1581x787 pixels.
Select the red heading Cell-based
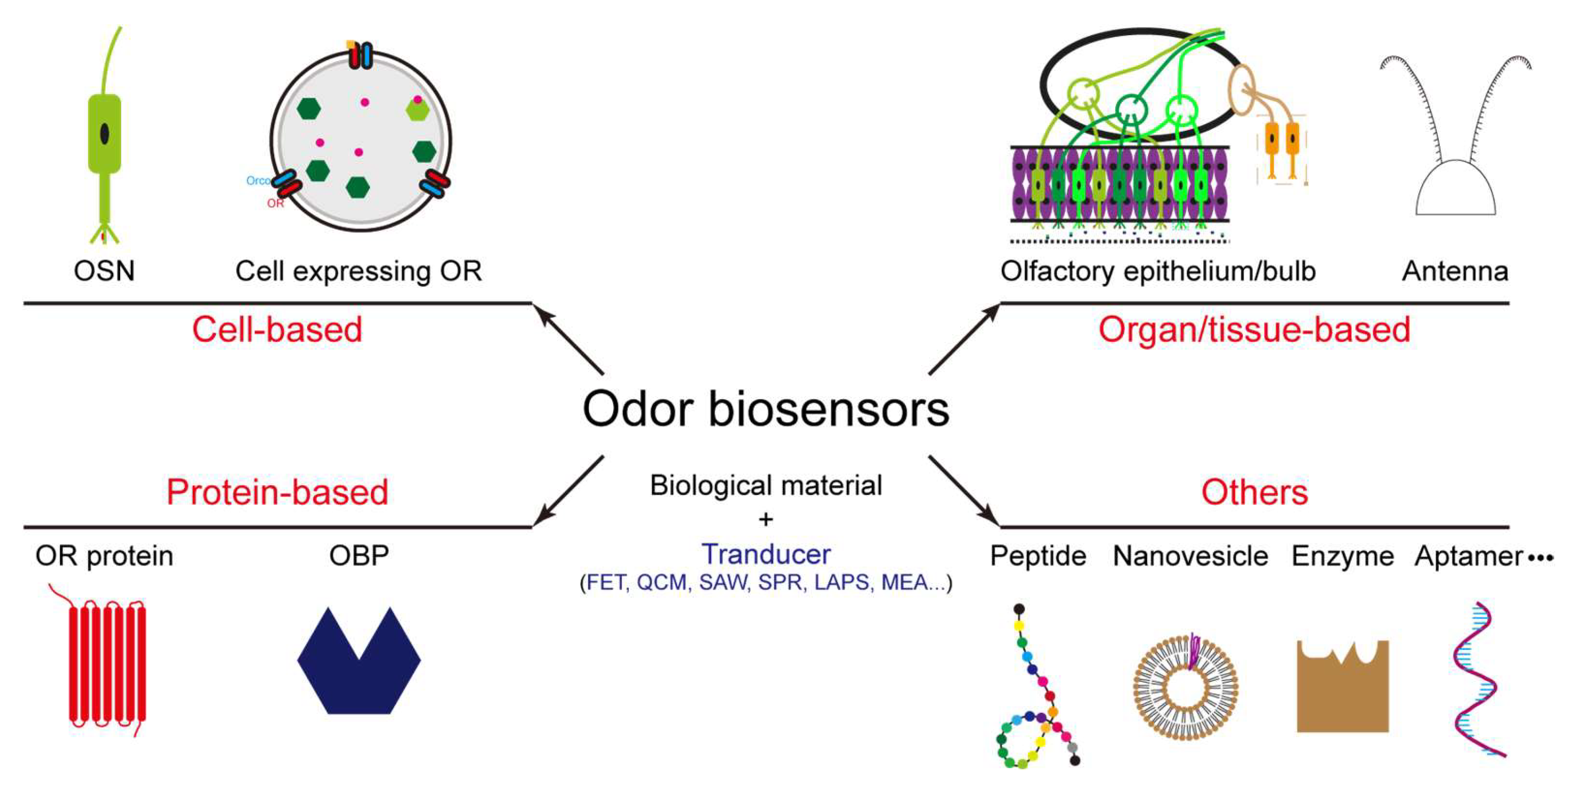(277, 330)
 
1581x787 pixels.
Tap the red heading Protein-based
(277, 492)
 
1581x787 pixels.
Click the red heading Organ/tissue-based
(1254, 330)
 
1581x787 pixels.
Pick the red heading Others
(1254, 492)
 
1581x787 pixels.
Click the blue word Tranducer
(765, 554)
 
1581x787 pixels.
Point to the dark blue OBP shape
(359, 675)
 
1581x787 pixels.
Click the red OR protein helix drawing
(107, 662)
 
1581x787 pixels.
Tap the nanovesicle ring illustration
(1185, 687)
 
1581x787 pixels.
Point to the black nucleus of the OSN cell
(104, 133)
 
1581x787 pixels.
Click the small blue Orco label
(257, 180)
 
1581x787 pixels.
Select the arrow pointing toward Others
(964, 491)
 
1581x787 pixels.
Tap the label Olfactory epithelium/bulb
(1157, 271)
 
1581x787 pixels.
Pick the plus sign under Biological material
(765, 520)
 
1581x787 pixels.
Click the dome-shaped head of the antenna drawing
(1455, 190)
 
